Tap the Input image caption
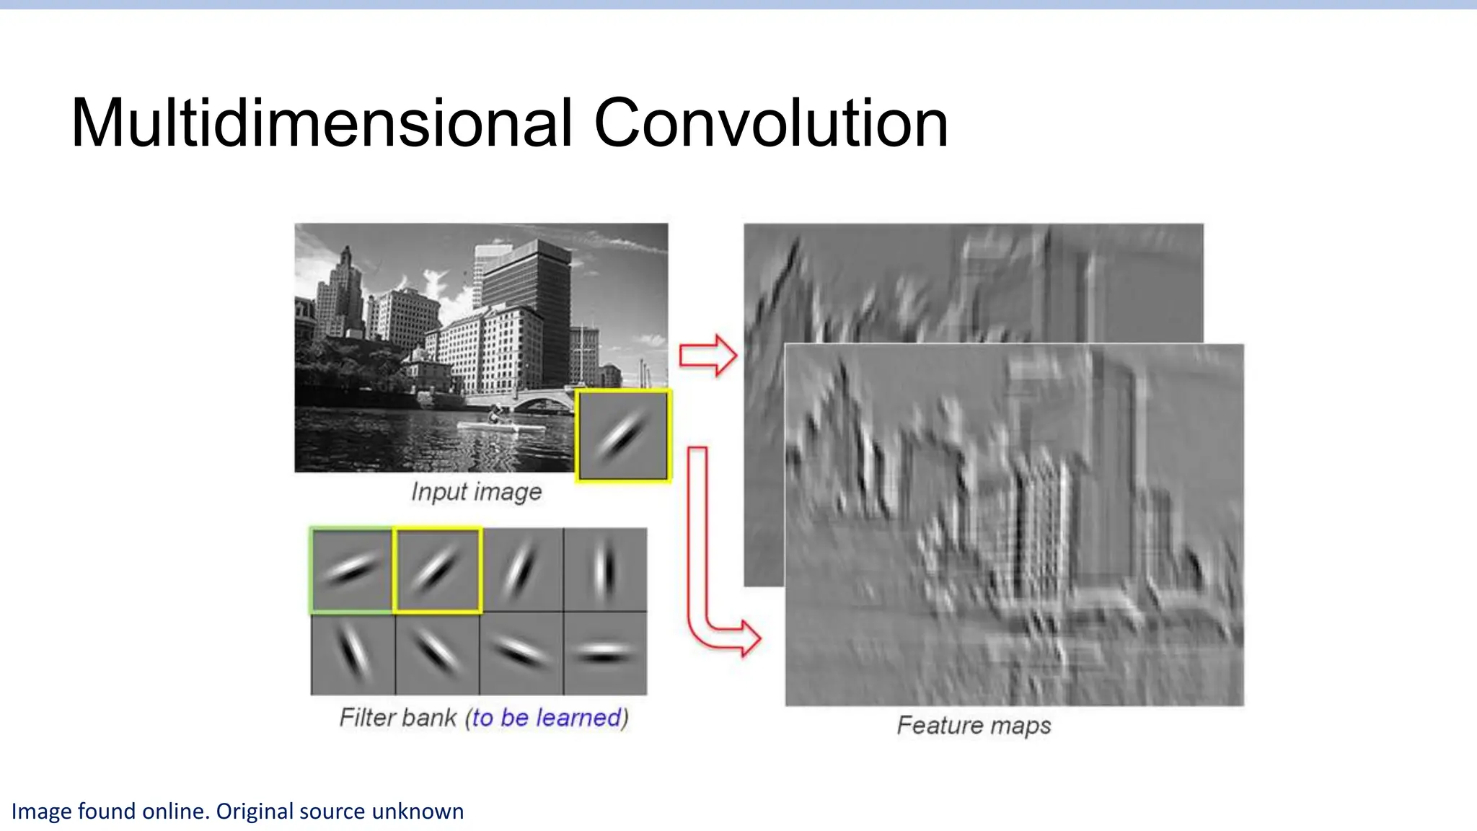coord(476,492)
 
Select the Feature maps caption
coord(974,725)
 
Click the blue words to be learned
coord(547,718)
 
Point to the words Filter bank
coord(398,718)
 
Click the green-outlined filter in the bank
coord(352,570)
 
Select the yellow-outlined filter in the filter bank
coord(437,570)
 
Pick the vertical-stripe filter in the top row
coord(604,570)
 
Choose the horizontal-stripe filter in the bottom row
coord(604,654)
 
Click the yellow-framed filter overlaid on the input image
coord(623,436)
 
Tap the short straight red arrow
coord(707,355)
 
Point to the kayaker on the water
coord(495,415)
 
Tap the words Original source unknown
coord(340,812)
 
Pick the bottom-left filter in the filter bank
coord(352,654)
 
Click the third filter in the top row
coord(521,570)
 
